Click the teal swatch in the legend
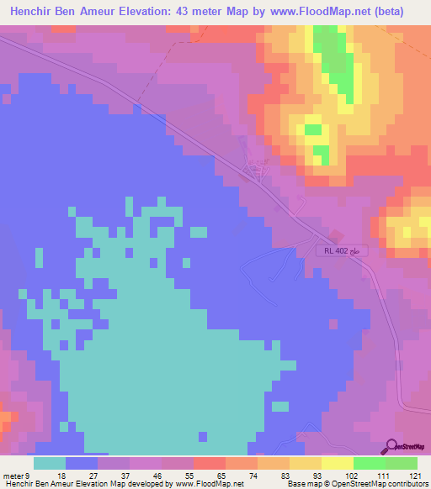tap(50, 463)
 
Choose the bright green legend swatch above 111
tap(369, 463)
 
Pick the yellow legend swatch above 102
tap(337, 463)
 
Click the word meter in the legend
tap(13, 476)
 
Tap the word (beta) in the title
tap(386, 12)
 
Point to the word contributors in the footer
tap(407, 485)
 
